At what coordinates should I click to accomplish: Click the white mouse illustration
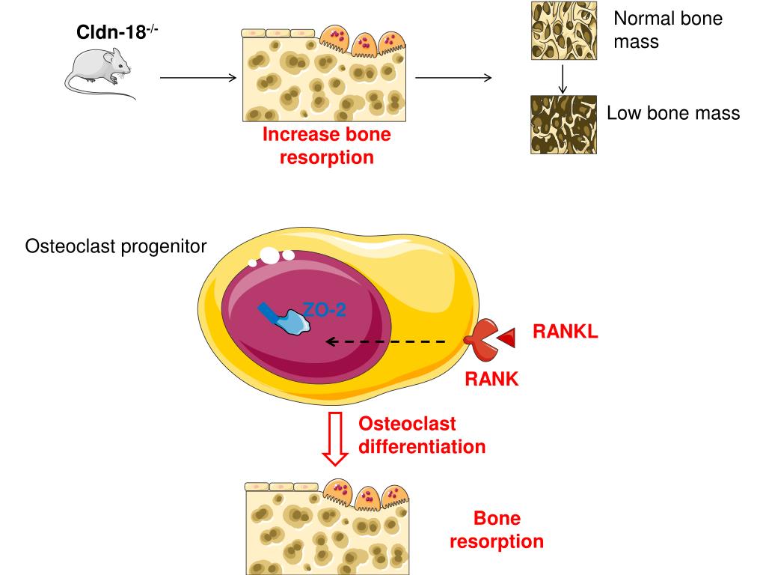click(99, 73)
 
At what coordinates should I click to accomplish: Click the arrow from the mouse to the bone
click(198, 77)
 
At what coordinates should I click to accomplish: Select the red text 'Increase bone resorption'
click(326, 146)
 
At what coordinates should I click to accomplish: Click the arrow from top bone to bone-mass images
click(453, 77)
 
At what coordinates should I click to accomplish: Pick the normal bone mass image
click(563, 31)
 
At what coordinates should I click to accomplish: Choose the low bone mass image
click(563, 124)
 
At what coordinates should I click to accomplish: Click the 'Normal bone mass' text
click(667, 29)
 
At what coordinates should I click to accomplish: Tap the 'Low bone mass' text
click(672, 114)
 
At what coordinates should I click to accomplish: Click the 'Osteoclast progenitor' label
click(116, 246)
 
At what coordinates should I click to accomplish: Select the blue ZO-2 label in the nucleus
click(324, 310)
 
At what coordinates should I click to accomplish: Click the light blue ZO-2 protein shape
click(293, 323)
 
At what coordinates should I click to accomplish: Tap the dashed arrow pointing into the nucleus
click(384, 341)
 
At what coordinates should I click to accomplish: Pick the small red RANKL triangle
click(508, 338)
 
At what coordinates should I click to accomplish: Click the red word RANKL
click(565, 332)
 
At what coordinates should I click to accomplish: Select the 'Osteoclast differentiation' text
click(421, 435)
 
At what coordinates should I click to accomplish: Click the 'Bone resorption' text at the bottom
click(496, 530)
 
